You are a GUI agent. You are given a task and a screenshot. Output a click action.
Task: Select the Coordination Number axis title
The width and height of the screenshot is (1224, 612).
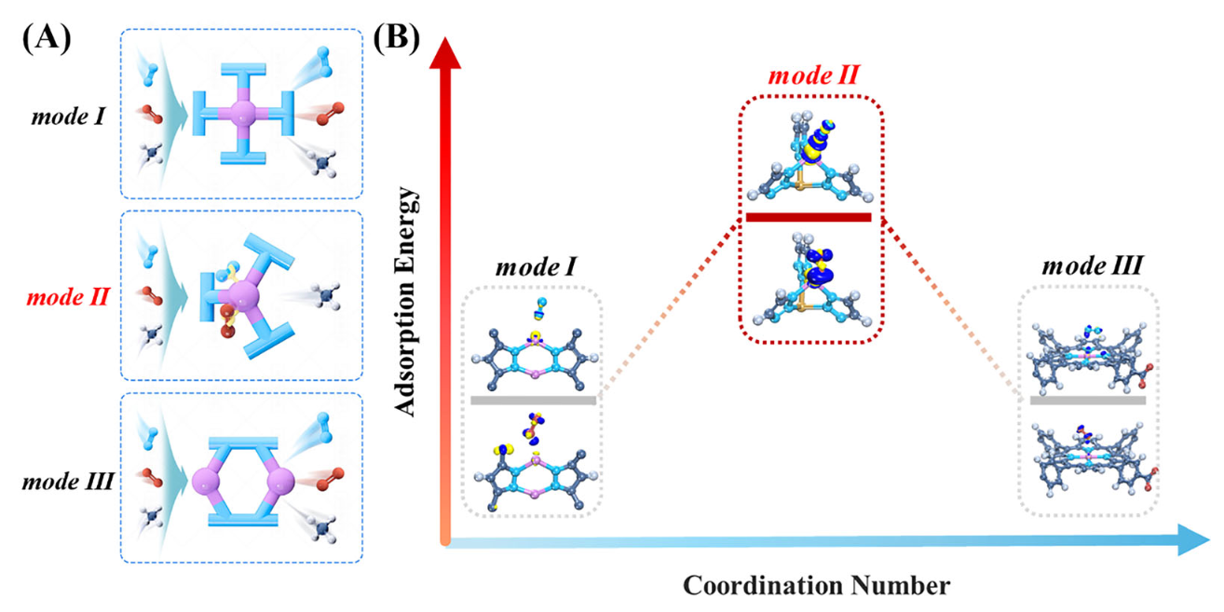click(816, 586)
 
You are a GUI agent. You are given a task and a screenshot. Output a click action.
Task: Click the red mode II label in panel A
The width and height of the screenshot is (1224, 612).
click(69, 298)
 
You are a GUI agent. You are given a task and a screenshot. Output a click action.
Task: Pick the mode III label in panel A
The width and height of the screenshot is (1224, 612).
click(68, 483)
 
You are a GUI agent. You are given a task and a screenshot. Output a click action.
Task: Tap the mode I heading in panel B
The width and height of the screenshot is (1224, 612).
click(533, 265)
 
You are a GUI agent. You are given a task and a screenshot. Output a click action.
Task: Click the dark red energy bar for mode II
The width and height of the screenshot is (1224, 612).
click(809, 218)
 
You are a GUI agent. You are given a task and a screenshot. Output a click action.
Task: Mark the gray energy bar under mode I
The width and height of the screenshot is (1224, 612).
click(533, 401)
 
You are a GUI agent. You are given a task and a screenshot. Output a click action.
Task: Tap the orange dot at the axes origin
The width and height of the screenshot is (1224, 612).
click(445, 540)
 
